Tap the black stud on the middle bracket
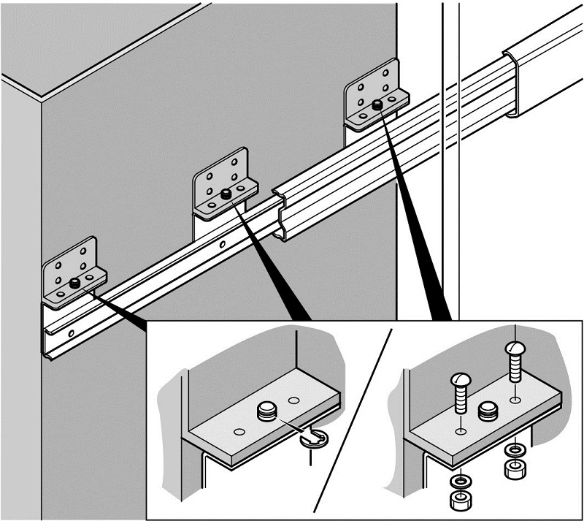226,194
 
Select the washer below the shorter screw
460,483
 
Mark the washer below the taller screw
515,450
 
